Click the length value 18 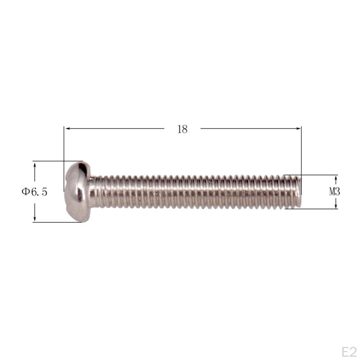pos(182,129)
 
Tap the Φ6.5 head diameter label pos(34,192)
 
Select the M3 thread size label pos(334,192)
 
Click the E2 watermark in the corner pos(349,352)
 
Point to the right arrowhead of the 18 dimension pos(298,129)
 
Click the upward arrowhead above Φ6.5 pos(34,165)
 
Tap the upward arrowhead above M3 pos(336,178)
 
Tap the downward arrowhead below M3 pos(336,206)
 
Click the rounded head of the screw pos(78,192)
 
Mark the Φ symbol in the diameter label pos(25,192)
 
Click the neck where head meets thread pos(94,192)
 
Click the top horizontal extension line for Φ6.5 pos(56,161)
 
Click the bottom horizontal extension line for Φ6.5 pos(56,222)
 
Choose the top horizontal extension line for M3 pos(316,175)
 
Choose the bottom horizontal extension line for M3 pos(316,209)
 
